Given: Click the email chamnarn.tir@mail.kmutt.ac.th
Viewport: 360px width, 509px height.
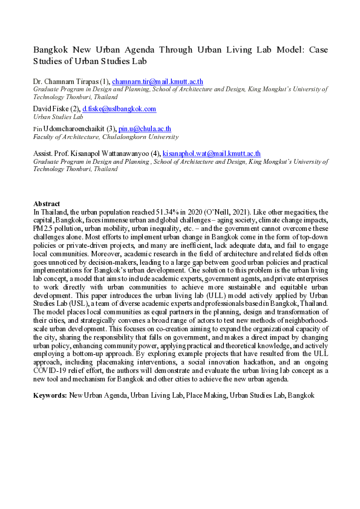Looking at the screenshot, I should (x=156, y=80).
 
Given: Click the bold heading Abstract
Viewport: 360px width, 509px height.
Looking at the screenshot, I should (x=47, y=204).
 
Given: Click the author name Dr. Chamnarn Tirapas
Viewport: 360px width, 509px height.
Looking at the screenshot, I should (x=64, y=80).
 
